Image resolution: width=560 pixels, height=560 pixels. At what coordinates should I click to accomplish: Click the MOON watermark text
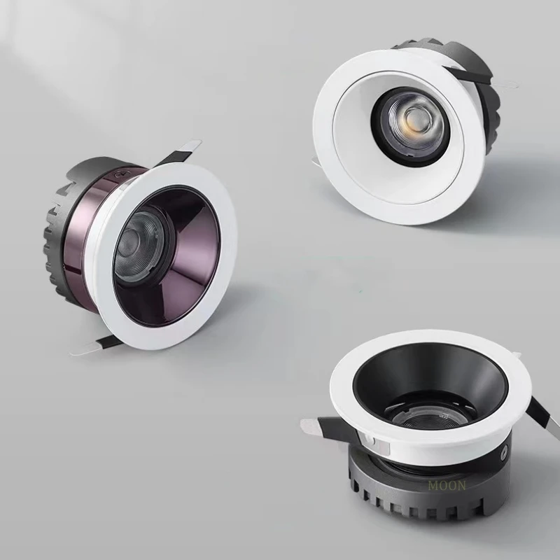[x=447, y=485]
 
